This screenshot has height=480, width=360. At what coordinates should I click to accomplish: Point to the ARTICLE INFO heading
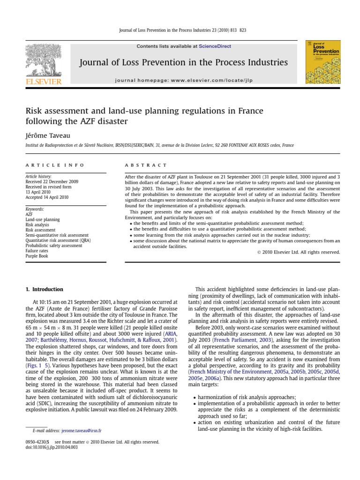[55, 165]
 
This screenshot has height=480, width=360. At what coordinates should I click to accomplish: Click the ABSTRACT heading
[146, 165]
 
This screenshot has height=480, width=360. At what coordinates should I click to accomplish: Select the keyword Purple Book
[37, 256]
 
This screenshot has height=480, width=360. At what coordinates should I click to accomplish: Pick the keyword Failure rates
[37, 251]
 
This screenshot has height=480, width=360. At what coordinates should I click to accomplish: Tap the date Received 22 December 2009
[52, 181]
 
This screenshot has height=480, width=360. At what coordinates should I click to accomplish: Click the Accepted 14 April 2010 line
[47, 197]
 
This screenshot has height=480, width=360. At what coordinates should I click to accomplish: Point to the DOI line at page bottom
[52, 448]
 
